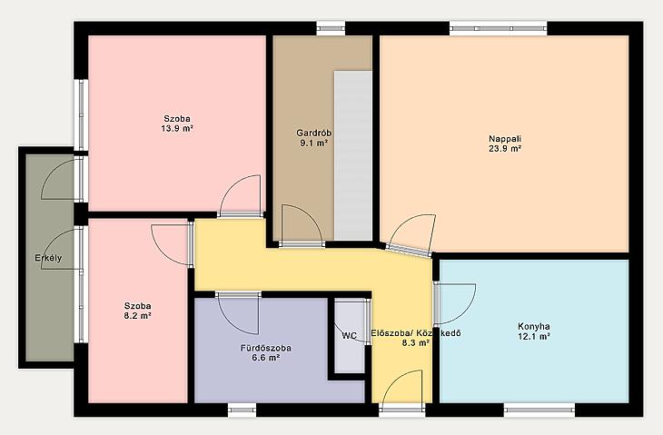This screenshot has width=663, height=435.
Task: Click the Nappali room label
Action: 505,139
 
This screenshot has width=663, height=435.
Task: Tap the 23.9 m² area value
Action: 505,149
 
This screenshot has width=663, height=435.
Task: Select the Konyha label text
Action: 534,326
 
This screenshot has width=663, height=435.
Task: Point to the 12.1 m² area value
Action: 534,337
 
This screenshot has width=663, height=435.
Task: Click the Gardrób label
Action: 313,133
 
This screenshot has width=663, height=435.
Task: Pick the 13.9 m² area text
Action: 177,129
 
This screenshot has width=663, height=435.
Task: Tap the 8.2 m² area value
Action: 138,316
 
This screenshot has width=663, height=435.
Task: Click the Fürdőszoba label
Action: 265,349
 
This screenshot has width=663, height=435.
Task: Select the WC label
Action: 350,336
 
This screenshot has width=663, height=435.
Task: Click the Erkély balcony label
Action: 48,258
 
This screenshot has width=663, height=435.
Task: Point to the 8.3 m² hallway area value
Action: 416,343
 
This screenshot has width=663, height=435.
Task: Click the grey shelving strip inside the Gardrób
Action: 353,155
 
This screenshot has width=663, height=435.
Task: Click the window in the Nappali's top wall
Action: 498,28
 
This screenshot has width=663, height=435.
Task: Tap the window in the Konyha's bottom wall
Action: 539,410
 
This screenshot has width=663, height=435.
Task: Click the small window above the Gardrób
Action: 331,28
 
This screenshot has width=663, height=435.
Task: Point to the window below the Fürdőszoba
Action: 242,410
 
